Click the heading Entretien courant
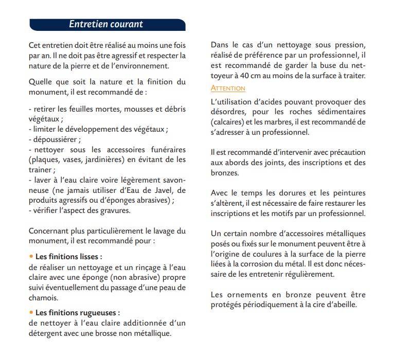106,24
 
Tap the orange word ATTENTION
228,88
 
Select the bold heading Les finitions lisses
68,256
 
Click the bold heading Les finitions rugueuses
77,313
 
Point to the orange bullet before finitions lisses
31,256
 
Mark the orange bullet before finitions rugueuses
31,313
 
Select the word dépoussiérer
56,139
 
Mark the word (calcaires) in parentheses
228,122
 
